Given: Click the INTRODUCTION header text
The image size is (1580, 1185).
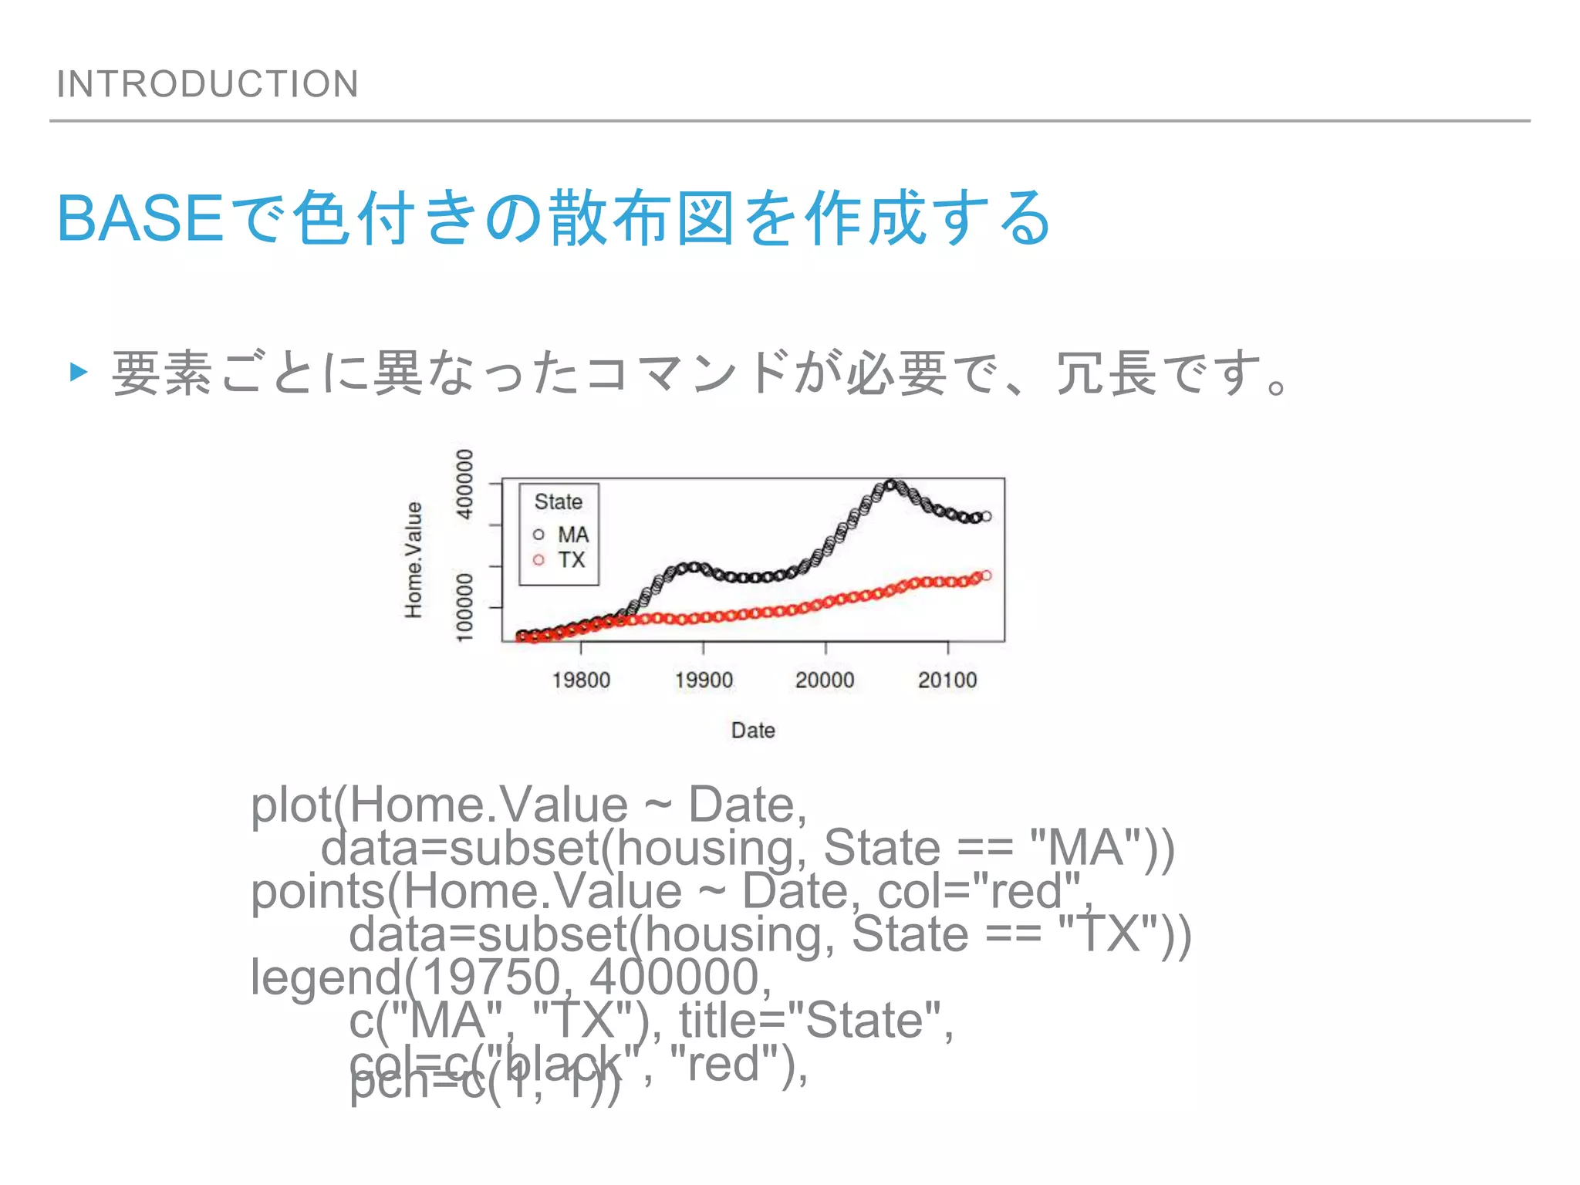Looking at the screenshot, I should [208, 83].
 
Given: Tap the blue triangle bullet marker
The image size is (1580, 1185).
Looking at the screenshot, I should [78, 373].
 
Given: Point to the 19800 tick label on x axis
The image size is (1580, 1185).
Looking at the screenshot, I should [581, 680].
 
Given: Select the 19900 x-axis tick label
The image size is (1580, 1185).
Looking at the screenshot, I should [704, 680].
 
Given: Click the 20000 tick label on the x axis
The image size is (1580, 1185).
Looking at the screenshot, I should [825, 680].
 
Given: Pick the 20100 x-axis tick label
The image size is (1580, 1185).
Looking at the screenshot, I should [947, 680].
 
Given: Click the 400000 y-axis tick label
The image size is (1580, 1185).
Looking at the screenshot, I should [464, 484].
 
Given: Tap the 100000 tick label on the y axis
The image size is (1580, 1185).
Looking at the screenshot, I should [464, 606].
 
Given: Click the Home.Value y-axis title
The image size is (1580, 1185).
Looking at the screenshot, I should [414, 559].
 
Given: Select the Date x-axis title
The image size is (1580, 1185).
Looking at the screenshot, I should [753, 730].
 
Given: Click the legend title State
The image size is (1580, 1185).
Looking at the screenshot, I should [559, 501].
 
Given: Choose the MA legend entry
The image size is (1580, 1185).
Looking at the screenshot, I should [572, 534].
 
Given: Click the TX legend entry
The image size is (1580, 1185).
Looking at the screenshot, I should [571, 559].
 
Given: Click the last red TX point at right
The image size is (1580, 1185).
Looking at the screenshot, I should [986, 576].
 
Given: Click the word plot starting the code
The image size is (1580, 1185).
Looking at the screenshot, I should [291, 805].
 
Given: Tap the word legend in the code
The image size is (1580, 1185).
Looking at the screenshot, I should [325, 977].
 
